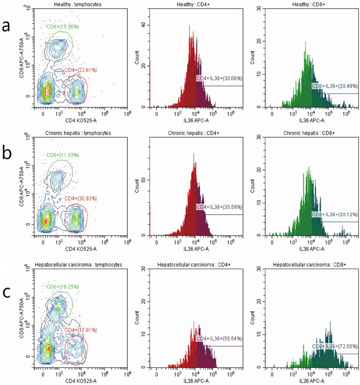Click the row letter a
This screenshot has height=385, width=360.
8,26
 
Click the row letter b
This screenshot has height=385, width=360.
8,154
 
